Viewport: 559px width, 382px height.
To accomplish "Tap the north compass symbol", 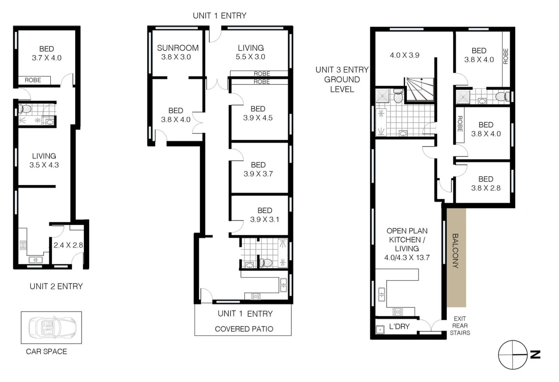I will click(513, 355).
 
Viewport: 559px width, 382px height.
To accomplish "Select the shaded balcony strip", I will click(456, 257).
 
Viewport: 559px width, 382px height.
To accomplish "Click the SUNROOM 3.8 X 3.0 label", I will click(178, 52).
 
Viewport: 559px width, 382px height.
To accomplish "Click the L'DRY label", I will click(399, 326).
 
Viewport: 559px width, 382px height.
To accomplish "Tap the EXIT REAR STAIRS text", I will click(460, 326).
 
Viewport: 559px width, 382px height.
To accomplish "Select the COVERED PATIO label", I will click(244, 329).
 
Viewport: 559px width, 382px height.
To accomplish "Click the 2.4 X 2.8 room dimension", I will click(68, 245).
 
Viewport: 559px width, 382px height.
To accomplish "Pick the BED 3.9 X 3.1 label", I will click(265, 215).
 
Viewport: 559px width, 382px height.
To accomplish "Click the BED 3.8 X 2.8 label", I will click(486, 184).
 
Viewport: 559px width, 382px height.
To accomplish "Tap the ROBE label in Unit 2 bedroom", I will click(33, 80).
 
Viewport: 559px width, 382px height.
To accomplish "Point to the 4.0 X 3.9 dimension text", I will click(404, 55).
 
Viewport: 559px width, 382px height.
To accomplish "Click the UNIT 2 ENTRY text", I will click(56, 286).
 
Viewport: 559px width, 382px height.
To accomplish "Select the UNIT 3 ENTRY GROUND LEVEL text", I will click(342, 80).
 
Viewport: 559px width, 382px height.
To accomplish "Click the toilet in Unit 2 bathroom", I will click(25, 108).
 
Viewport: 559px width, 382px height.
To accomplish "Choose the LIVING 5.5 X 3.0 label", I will click(250, 52).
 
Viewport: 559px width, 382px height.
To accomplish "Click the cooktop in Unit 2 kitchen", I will click(23, 245).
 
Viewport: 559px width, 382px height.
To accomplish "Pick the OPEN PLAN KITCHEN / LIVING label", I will click(407, 244).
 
